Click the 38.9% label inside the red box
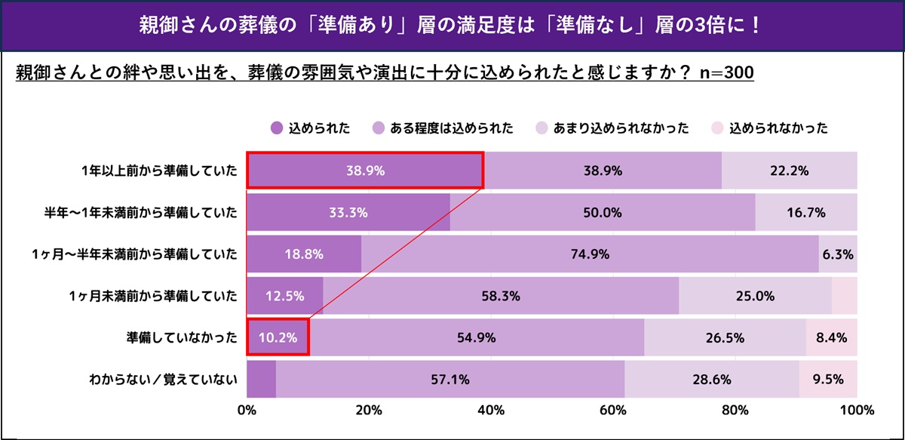(364, 171)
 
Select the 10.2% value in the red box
(278, 337)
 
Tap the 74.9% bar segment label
(590, 254)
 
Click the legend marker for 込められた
(276, 128)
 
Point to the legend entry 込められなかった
(779, 128)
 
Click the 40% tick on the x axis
(491, 411)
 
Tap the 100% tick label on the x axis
(855, 411)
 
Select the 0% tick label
(247, 411)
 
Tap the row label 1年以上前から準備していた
(158, 171)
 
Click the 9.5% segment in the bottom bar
(828, 380)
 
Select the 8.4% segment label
(831, 337)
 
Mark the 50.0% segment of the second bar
(603, 213)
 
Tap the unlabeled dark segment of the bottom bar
(261, 380)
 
